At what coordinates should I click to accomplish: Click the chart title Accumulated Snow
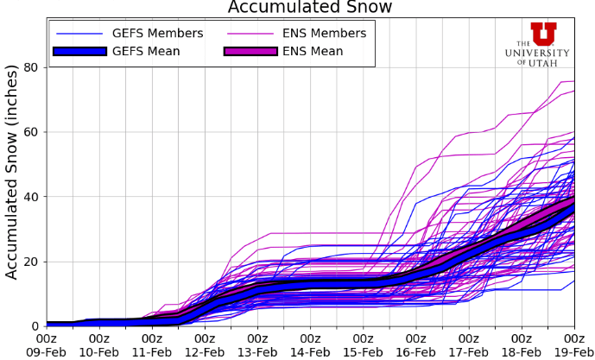[309, 8]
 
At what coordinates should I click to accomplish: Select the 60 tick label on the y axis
[31, 132]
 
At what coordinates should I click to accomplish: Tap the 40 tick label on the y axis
[31, 197]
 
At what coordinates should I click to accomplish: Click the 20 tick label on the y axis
[31, 262]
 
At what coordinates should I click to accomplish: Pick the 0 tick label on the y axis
[35, 326]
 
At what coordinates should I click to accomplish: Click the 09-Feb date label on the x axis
[47, 352]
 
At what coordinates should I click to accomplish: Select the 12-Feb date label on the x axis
[205, 352]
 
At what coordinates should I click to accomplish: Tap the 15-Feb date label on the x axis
[363, 352]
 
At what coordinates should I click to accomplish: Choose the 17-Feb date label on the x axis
[468, 352]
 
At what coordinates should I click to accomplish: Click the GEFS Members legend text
[158, 34]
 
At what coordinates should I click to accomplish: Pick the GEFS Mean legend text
[146, 51]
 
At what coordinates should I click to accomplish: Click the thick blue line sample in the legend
[79, 51]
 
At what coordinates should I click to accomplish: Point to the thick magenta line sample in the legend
[251, 51]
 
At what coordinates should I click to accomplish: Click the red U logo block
[544, 33]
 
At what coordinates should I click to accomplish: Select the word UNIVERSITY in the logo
[537, 53]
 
